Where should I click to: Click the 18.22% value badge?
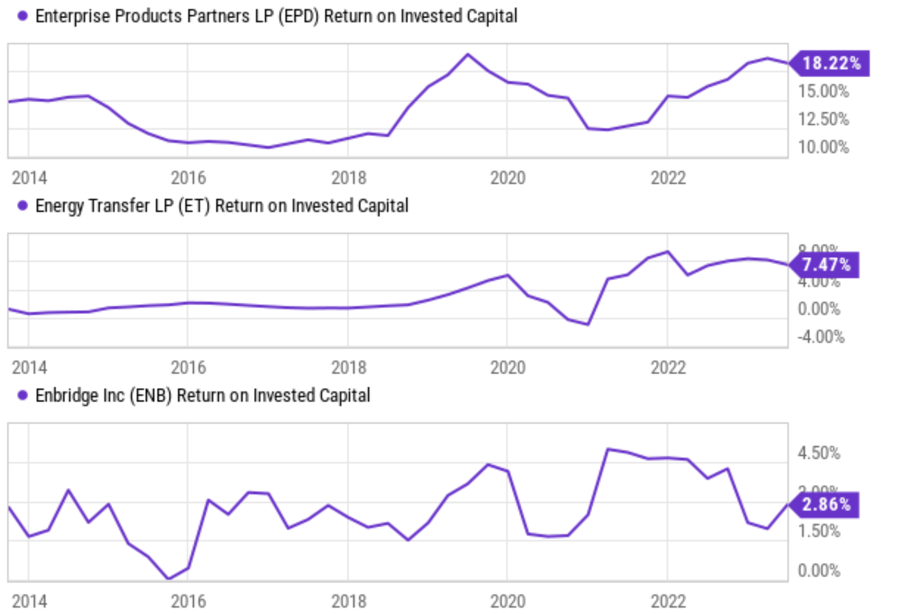[x=831, y=63]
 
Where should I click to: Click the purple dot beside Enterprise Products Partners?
[x=22, y=16]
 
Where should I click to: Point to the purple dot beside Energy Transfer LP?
[x=22, y=206]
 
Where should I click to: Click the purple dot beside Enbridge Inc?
[x=22, y=395]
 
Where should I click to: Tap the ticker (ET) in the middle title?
[x=194, y=206]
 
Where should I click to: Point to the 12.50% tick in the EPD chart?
[x=823, y=119]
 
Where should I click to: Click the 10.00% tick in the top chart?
[x=823, y=147]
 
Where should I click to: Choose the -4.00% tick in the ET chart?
[x=821, y=337]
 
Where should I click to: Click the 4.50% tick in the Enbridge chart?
[x=818, y=453]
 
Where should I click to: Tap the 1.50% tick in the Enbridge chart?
[x=818, y=531]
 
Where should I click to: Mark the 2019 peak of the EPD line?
[x=467, y=55]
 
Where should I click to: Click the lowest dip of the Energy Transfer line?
[x=588, y=324]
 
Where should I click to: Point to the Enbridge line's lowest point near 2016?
[x=168, y=578]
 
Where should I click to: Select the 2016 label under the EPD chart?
[x=188, y=178]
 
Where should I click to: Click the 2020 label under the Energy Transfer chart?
[x=507, y=368]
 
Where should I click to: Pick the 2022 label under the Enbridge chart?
[x=668, y=601]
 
